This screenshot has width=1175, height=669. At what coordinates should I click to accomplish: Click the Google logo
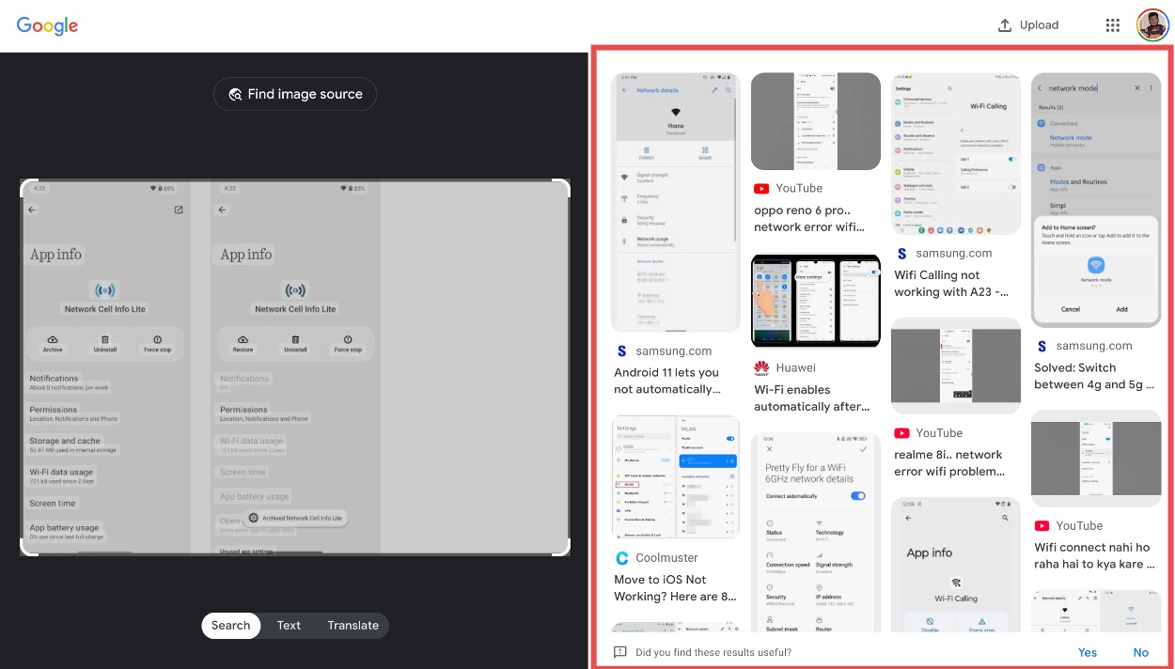click(x=47, y=26)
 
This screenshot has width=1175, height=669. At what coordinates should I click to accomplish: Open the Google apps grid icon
click(x=1113, y=25)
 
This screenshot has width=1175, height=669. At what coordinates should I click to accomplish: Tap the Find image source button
click(x=295, y=94)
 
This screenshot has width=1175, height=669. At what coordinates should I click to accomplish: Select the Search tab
click(x=230, y=626)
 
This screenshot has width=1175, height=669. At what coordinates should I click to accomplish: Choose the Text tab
click(x=289, y=626)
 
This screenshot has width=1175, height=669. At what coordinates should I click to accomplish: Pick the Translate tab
click(x=352, y=626)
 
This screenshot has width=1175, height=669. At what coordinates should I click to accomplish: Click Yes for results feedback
click(x=1088, y=652)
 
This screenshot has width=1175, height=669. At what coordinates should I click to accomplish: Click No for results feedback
click(x=1140, y=652)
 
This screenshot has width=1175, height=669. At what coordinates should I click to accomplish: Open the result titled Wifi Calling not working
click(x=950, y=284)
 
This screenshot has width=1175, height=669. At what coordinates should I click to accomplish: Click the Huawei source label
click(x=795, y=367)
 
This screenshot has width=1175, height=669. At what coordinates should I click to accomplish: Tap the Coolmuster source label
click(x=666, y=558)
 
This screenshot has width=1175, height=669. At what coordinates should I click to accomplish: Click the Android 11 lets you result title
click(x=666, y=381)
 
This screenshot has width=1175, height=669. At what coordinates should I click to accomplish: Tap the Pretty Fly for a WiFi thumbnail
click(x=815, y=531)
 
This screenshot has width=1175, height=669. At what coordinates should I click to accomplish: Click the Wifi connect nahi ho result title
click(x=1091, y=555)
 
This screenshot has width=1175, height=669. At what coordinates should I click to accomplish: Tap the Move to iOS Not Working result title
click(x=674, y=588)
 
